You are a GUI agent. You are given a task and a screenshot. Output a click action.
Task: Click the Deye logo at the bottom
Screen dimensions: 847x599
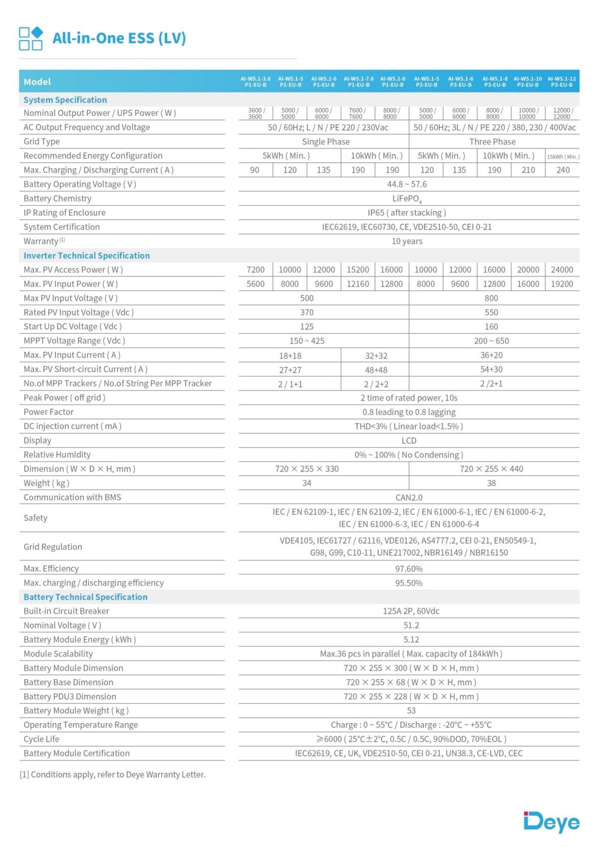pos(551,822)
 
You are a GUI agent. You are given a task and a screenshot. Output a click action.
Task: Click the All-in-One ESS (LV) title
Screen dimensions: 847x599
pos(119,38)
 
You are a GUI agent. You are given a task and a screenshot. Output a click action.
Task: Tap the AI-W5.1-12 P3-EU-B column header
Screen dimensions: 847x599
pos(562,82)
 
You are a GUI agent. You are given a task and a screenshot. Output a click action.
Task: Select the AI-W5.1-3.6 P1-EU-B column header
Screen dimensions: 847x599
pos(256,82)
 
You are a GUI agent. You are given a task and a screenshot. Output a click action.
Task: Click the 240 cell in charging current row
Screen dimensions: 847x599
pos(563,170)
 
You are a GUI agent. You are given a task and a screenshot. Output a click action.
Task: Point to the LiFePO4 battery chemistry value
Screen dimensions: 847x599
pos(407,199)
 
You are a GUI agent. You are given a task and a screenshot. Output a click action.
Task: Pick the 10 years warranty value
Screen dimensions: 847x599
pos(407,242)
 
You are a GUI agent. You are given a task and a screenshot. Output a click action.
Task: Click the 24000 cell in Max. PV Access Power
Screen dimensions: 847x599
pos(562,270)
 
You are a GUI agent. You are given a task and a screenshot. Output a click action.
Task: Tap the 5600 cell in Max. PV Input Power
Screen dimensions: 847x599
pos(256,284)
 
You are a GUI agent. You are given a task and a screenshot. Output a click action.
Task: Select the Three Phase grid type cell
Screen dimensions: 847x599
pos(492,142)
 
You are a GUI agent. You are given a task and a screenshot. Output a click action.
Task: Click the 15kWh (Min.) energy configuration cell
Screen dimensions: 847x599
pos(563,156)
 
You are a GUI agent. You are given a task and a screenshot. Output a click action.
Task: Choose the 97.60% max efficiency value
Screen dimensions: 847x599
pos(409,569)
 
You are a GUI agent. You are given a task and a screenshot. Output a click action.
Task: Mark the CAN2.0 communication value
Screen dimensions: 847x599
pos(409,498)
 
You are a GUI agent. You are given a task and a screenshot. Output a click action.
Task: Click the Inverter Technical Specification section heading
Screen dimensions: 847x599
pos(87,256)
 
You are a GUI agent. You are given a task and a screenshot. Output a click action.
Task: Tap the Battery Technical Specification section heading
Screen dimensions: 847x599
pos(85,597)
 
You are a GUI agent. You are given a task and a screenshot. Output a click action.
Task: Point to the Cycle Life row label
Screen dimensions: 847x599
pos(41,739)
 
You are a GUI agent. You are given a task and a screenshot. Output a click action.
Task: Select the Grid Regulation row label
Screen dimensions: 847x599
pos(53,547)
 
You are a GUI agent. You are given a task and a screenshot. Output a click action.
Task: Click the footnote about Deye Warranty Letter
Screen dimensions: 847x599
pos(112,775)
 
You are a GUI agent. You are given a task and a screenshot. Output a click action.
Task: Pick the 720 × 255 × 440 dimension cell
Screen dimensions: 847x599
pos(491,469)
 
